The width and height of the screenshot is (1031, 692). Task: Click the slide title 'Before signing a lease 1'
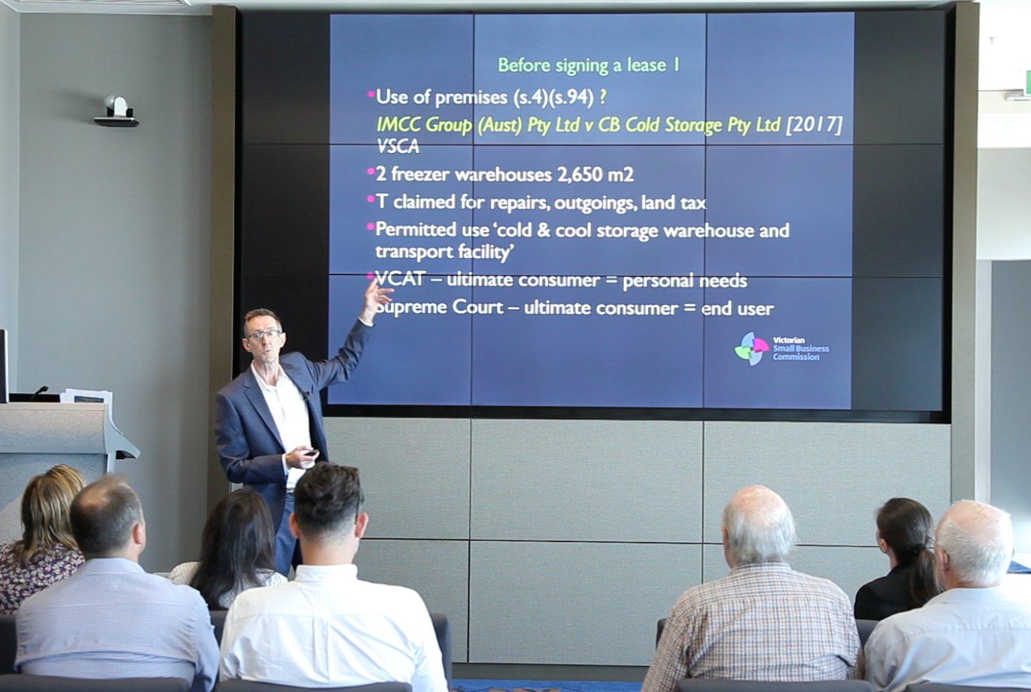point(588,66)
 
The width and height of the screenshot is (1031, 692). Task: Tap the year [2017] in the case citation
point(814,124)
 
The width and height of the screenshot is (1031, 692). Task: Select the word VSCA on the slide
point(398,147)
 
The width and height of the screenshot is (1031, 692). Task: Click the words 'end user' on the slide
point(737,308)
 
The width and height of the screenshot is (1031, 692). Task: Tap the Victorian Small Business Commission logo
point(781,349)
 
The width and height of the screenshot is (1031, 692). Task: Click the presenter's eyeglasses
point(264,335)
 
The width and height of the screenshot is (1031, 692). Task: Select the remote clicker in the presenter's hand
point(311,452)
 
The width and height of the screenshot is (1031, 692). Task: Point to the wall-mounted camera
point(117,112)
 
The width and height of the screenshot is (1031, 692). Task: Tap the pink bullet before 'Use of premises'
point(371,94)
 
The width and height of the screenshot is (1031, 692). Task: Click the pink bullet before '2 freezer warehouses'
point(371,172)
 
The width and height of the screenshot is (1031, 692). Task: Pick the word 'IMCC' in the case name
point(397,124)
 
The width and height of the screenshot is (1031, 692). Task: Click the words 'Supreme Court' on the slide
point(439,308)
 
